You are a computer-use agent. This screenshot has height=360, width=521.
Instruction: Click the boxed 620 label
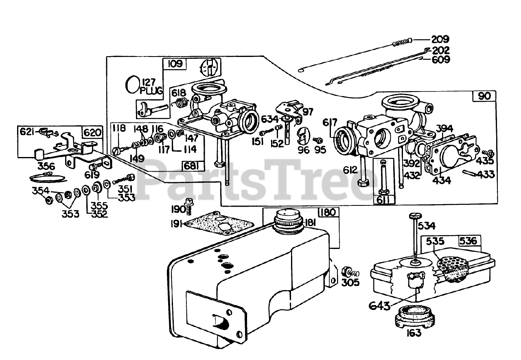(x=92, y=132)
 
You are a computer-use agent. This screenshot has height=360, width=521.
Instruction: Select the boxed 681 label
(x=191, y=166)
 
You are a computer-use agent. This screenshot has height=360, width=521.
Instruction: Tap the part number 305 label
(x=350, y=282)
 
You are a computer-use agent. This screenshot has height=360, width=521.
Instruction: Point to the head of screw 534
(x=415, y=216)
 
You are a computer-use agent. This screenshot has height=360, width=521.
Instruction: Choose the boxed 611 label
(x=383, y=200)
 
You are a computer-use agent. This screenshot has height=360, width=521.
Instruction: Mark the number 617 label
(x=330, y=122)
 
